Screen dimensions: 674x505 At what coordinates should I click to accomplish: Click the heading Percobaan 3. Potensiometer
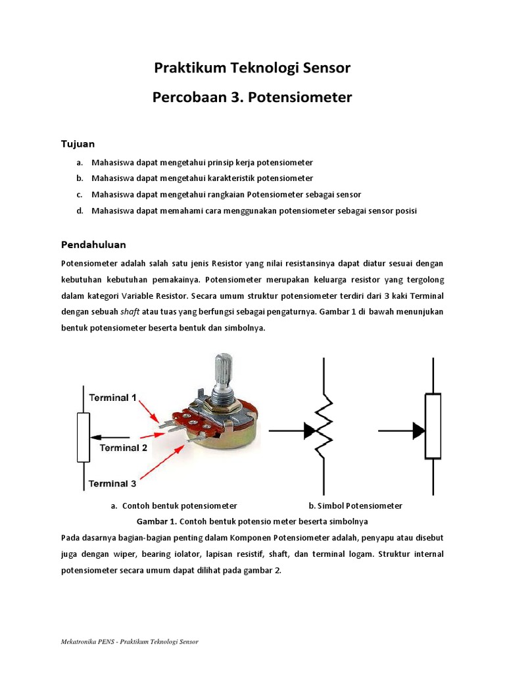point(252,97)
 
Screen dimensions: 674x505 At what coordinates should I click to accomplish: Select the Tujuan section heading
point(78,143)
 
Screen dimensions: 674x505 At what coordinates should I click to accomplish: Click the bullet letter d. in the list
point(79,211)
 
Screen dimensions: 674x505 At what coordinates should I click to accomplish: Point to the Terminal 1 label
point(112,398)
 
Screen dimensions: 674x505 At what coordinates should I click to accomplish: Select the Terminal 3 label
point(112,483)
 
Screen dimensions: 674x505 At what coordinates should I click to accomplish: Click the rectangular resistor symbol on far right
point(433,426)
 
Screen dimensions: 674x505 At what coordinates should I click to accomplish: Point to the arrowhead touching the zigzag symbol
point(310,431)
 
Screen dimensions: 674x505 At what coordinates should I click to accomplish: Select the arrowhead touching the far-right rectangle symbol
point(418,431)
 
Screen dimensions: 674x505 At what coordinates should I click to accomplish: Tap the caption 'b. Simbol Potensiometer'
point(355,505)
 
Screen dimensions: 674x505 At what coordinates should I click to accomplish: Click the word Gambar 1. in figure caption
point(153,521)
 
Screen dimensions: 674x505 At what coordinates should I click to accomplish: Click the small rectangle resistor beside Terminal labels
point(84,437)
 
